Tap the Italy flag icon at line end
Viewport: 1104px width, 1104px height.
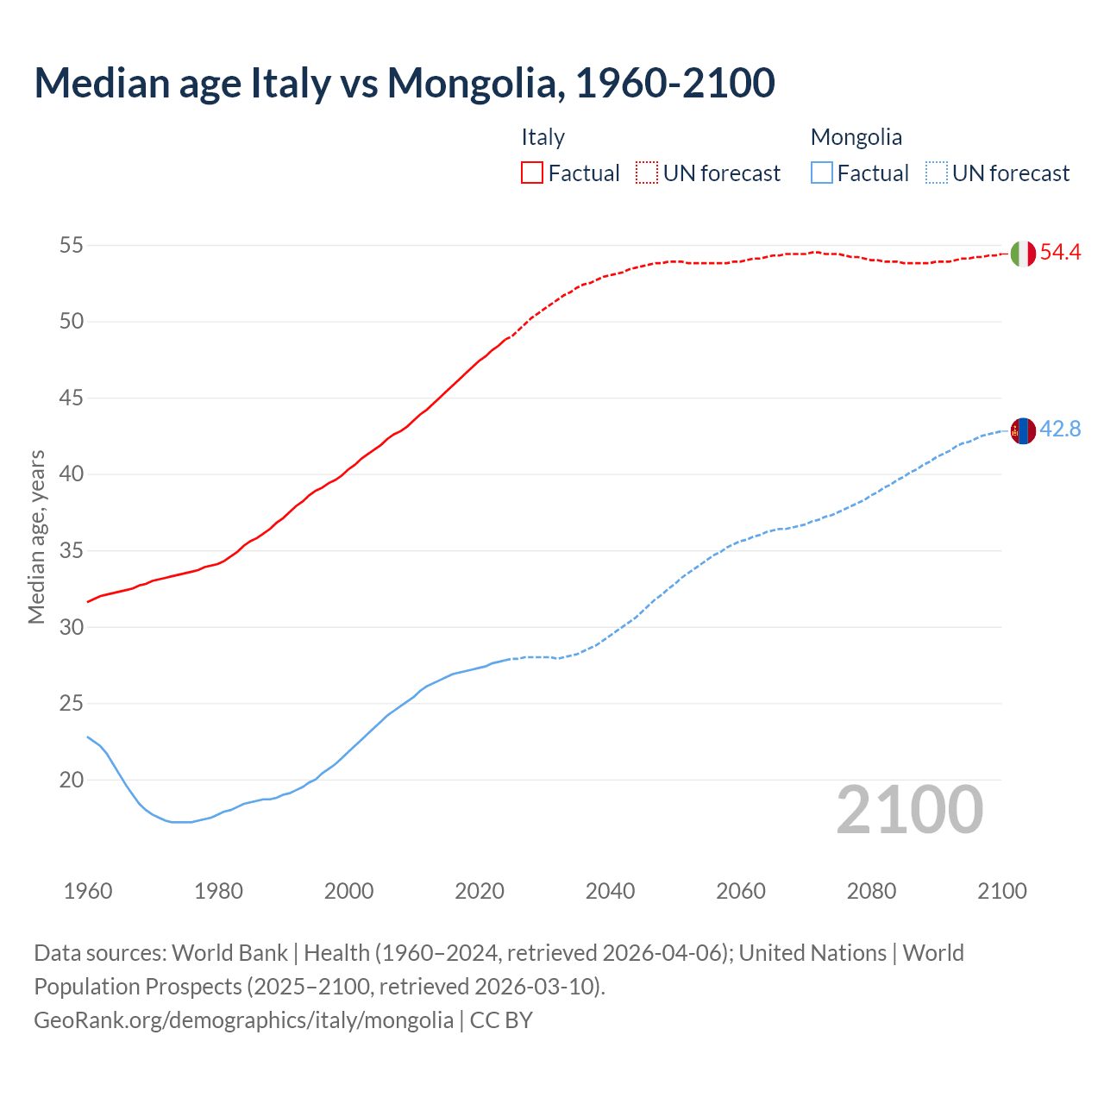click(x=1022, y=254)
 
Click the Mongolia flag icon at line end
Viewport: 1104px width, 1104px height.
click(x=1022, y=430)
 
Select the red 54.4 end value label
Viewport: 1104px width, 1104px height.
click(x=1060, y=253)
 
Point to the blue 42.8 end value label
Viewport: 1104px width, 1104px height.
click(x=1060, y=430)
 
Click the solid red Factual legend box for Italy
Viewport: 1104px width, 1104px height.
click(x=532, y=172)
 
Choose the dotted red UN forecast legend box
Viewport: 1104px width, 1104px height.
click(x=647, y=172)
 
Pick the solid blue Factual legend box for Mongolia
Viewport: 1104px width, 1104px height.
click(x=822, y=172)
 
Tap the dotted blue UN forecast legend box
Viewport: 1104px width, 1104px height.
click(x=937, y=172)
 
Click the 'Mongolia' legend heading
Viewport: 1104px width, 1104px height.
click(x=856, y=137)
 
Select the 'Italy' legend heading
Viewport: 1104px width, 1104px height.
click(x=543, y=137)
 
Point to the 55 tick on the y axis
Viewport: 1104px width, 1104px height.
click(x=71, y=246)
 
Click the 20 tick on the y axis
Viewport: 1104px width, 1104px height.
click(x=71, y=780)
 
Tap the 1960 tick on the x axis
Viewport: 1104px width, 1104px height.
click(x=88, y=891)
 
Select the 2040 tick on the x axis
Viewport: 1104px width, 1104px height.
click(x=610, y=891)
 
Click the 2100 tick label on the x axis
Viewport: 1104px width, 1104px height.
click(x=1002, y=891)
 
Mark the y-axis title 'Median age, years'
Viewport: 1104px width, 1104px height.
click(x=36, y=536)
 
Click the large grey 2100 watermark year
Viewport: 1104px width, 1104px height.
click(x=909, y=810)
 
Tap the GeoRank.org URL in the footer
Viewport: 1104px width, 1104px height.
click(x=243, y=1020)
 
